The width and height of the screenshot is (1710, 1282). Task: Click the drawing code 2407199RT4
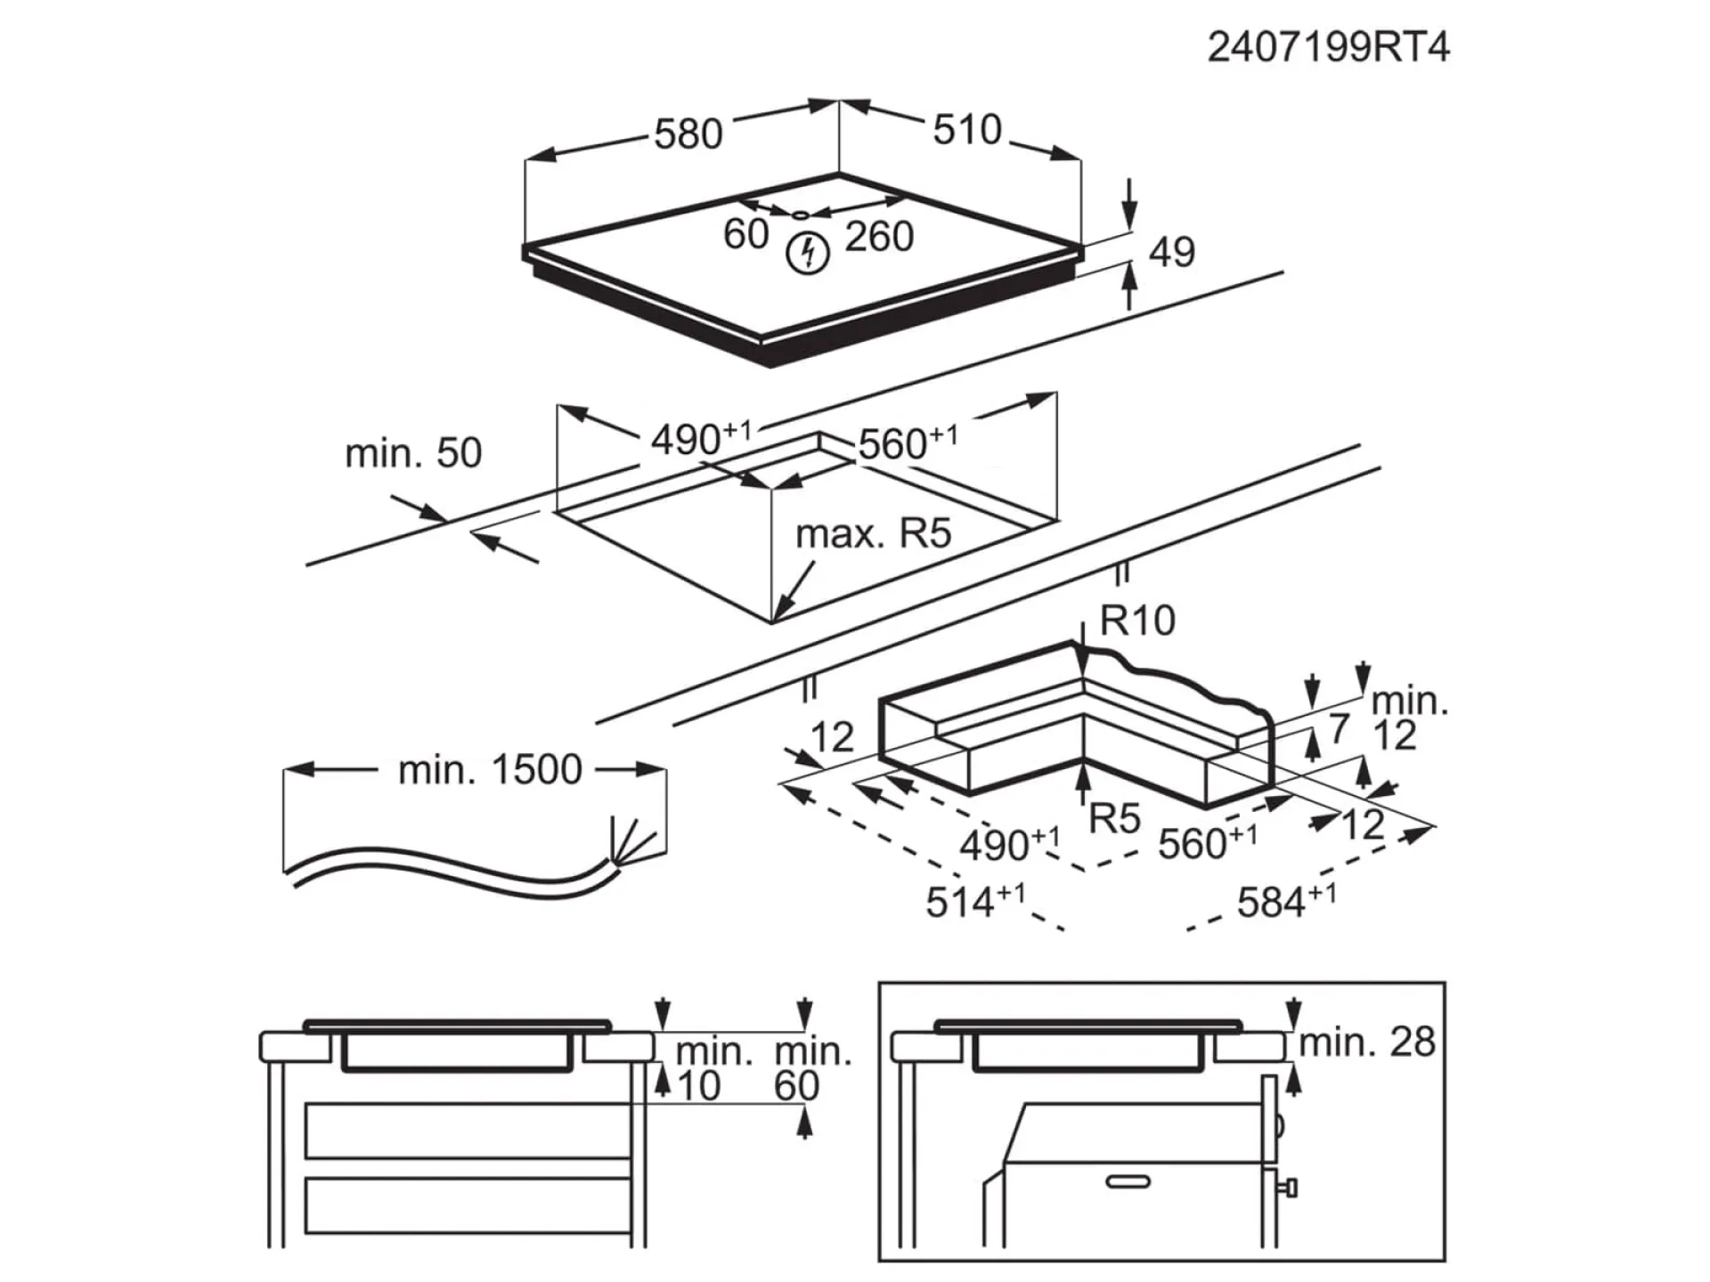[1327, 47]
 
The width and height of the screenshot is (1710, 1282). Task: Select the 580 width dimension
[688, 134]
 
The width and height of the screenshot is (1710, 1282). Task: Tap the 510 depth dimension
[967, 130]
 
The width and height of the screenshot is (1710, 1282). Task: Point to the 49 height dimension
[1171, 252]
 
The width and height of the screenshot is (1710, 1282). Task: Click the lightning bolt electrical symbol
[808, 253]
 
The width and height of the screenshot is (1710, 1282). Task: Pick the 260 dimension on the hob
[879, 237]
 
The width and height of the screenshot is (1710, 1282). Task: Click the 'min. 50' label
[413, 453]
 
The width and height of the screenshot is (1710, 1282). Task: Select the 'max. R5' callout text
[873, 533]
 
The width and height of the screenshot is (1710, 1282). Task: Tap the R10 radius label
[1137, 620]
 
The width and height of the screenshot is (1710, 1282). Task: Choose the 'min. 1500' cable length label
[490, 769]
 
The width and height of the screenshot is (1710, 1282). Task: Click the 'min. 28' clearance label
[1367, 1042]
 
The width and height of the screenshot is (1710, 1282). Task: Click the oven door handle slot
[1128, 1181]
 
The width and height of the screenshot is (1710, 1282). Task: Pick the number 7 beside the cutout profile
[1339, 728]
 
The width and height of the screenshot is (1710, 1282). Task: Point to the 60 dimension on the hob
[745, 235]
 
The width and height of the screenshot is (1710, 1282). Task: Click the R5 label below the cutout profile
[1115, 819]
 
